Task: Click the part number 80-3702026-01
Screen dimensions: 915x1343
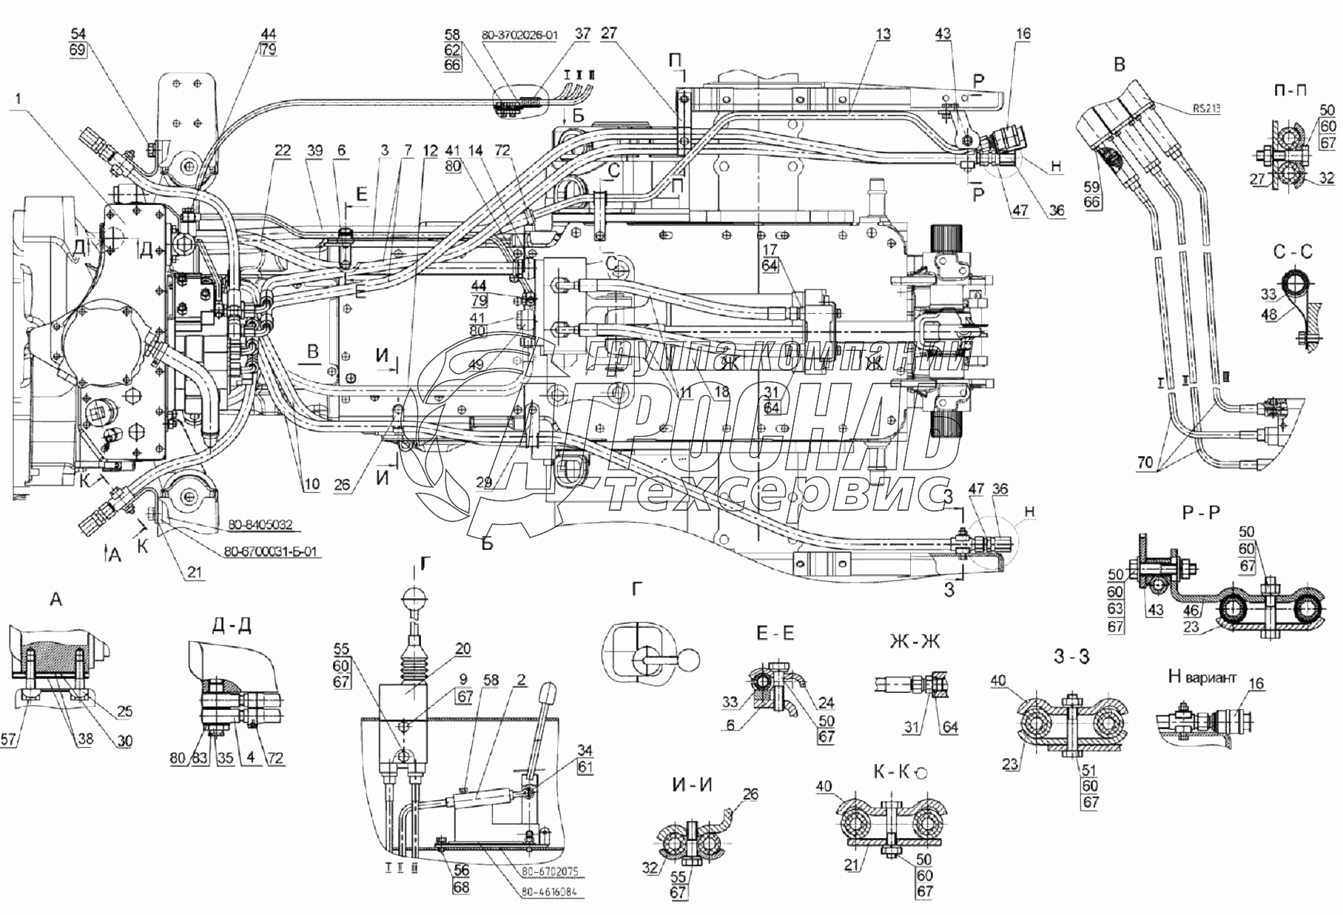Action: tap(519, 35)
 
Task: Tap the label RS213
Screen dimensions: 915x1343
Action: tap(1207, 108)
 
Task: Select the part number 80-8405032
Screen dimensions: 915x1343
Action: tap(259, 525)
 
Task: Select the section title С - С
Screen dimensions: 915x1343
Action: tap(1293, 252)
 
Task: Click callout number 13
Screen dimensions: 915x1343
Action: tap(882, 34)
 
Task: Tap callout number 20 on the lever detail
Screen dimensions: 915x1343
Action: tap(462, 649)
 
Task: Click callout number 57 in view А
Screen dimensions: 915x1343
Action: tap(7, 740)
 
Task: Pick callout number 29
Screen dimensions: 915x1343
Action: tap(484, 483)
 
